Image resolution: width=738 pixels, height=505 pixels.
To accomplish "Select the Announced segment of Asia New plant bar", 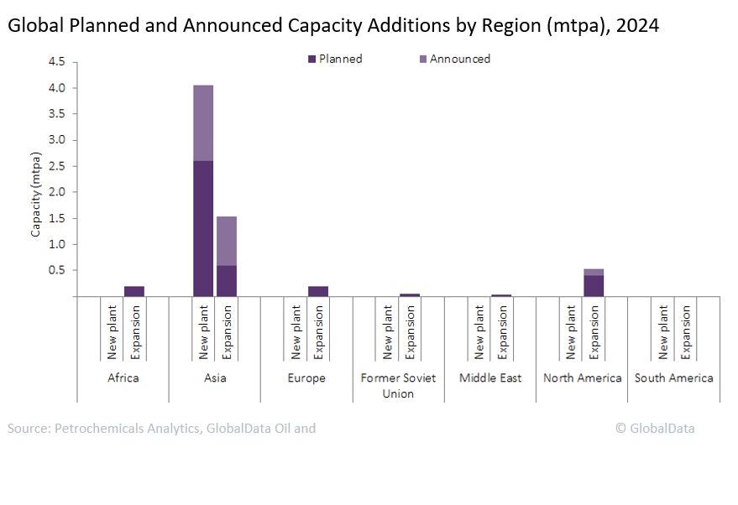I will (x=203, y=122).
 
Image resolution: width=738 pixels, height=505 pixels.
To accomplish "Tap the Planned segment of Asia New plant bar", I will (x=203, y=228).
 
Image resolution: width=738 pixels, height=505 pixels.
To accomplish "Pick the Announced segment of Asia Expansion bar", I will (x=227, y=241).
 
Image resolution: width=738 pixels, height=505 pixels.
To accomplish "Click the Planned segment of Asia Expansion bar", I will (x=227, y=281).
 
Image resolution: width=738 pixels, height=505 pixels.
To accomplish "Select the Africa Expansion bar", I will (x=134, y=291).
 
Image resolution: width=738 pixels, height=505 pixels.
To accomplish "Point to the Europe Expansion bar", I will (x=318, y=291).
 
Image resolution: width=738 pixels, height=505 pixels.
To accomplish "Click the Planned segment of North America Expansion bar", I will (x=594, y=285).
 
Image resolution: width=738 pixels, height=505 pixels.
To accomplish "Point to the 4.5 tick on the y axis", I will (x=57, y=61).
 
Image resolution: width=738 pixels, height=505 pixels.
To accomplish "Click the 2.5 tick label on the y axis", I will (x=57, y=166).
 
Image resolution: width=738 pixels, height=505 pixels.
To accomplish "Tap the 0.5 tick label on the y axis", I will (x=57, y=270).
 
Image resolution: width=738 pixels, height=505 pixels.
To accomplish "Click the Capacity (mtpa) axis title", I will (x=36, y=194).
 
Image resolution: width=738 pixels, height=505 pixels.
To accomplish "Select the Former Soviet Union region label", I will (x=398, y=386).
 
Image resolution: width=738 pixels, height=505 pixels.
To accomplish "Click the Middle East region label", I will (x=490, y=378).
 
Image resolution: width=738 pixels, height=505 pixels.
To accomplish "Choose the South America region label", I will (x=673, y=378).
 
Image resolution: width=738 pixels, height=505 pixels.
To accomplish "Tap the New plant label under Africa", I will (x=113, y=332).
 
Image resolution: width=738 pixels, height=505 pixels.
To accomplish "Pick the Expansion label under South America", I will (x=687, y=332).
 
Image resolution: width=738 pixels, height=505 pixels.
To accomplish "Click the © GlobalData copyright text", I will (x=655, y=428).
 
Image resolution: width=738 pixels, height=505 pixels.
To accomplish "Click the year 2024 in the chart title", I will (x=637, y=25).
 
